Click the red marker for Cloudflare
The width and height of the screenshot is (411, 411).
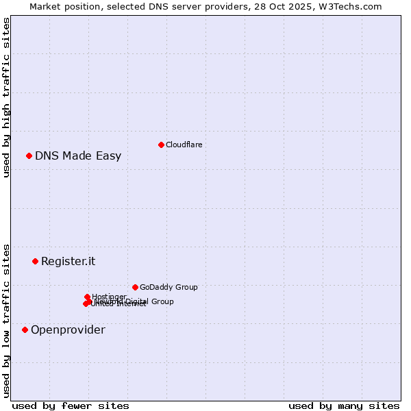tap(161, 145)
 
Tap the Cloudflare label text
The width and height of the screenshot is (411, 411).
tap(184, 145)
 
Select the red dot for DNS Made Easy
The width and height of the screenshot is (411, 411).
tap(29, 155)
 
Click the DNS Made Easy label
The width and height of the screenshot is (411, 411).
tap(78, 155)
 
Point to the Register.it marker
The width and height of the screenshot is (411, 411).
tap(35, 261)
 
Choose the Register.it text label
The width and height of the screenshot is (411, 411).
tap(68, 261)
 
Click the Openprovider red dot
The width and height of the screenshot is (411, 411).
tap(25, 329)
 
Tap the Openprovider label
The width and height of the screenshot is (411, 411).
tap(68, 329)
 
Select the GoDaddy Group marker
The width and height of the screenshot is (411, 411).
tap(135, 287)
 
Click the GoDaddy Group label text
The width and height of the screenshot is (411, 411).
tap(168, 287)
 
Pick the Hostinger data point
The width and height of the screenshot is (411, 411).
tap(87, 297)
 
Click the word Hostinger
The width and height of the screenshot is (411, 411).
tap(109, 297)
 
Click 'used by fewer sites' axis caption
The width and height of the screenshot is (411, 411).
tap(71, 406)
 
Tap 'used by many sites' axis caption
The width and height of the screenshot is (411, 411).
tap(344, 406)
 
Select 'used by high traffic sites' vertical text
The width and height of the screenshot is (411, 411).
tap(6, 97)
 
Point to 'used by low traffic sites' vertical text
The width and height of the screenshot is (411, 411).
tap(6, 320)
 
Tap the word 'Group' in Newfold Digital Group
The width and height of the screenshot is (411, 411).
tap(162, 301)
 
